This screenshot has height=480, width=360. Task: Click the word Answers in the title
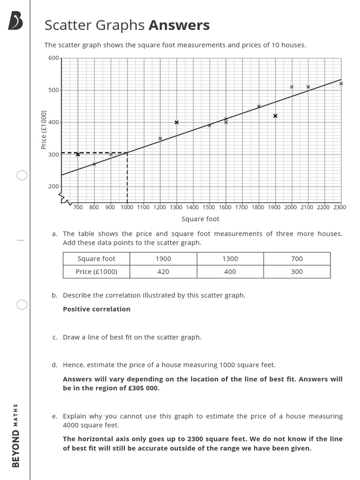[x=179, y=25]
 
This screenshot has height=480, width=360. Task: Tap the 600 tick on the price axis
[x=53, y=58]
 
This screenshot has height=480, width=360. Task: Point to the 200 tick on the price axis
[x=53, y=187]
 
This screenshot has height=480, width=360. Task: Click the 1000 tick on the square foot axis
[x=127, y=207]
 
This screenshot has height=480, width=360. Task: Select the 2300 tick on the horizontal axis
[x=339, y=207]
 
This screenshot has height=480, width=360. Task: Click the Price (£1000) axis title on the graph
[x=44, y=129]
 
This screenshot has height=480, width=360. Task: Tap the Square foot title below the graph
[x=200, y=219]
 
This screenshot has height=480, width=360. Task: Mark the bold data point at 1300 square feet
[x=177, y=122]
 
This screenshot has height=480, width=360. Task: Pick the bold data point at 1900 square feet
[x=275, y=116]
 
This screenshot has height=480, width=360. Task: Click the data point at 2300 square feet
[x=341, y=84]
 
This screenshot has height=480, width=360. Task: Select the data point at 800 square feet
[x=94, y=164]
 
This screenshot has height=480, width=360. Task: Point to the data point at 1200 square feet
[x=160, y=138]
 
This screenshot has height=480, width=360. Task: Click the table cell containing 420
[x=163, y=271]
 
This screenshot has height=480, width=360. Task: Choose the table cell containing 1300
[x=230, y=259]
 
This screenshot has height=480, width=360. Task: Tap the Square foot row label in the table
[x=96, y=259]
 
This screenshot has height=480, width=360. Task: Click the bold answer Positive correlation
[x=97, y=309]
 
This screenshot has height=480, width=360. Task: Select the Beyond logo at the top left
[x=15, y=21]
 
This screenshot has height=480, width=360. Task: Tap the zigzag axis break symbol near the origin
[x=66, y=200]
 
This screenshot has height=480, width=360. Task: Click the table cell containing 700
[x=297, y=259]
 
